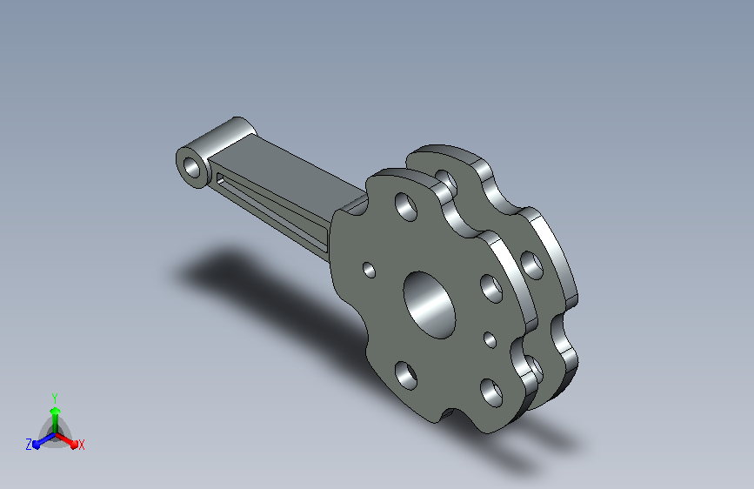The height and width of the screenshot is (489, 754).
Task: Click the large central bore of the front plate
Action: [x=429, y=305]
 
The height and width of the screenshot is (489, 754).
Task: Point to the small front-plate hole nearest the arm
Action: [x=369, y=270]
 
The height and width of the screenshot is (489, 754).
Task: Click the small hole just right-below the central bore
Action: [x=490, y=340]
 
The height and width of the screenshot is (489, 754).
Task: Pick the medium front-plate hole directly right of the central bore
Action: [x=491, y=289]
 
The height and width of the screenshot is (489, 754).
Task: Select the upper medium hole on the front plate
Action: [x=406, y=207]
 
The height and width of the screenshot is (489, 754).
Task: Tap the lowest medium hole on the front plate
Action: [x=491, y=392]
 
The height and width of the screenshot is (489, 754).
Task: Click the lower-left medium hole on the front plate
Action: [x=406, y=375]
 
